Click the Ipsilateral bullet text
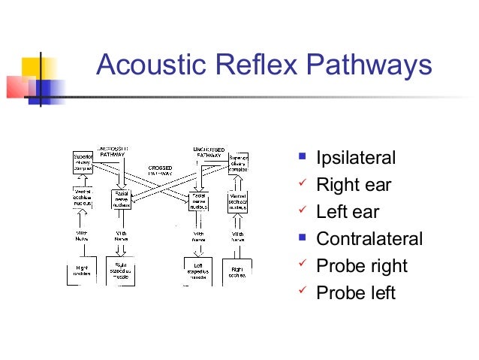click(356, 159)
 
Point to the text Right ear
click(354, 185)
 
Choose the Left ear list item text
click(348, 212)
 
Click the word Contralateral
click(369, 239)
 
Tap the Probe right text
click(362, 266)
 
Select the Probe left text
click(356, 293)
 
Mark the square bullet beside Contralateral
click(302, 238)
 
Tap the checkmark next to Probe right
click(302, 265)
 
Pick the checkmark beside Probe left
click(302, 292)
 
